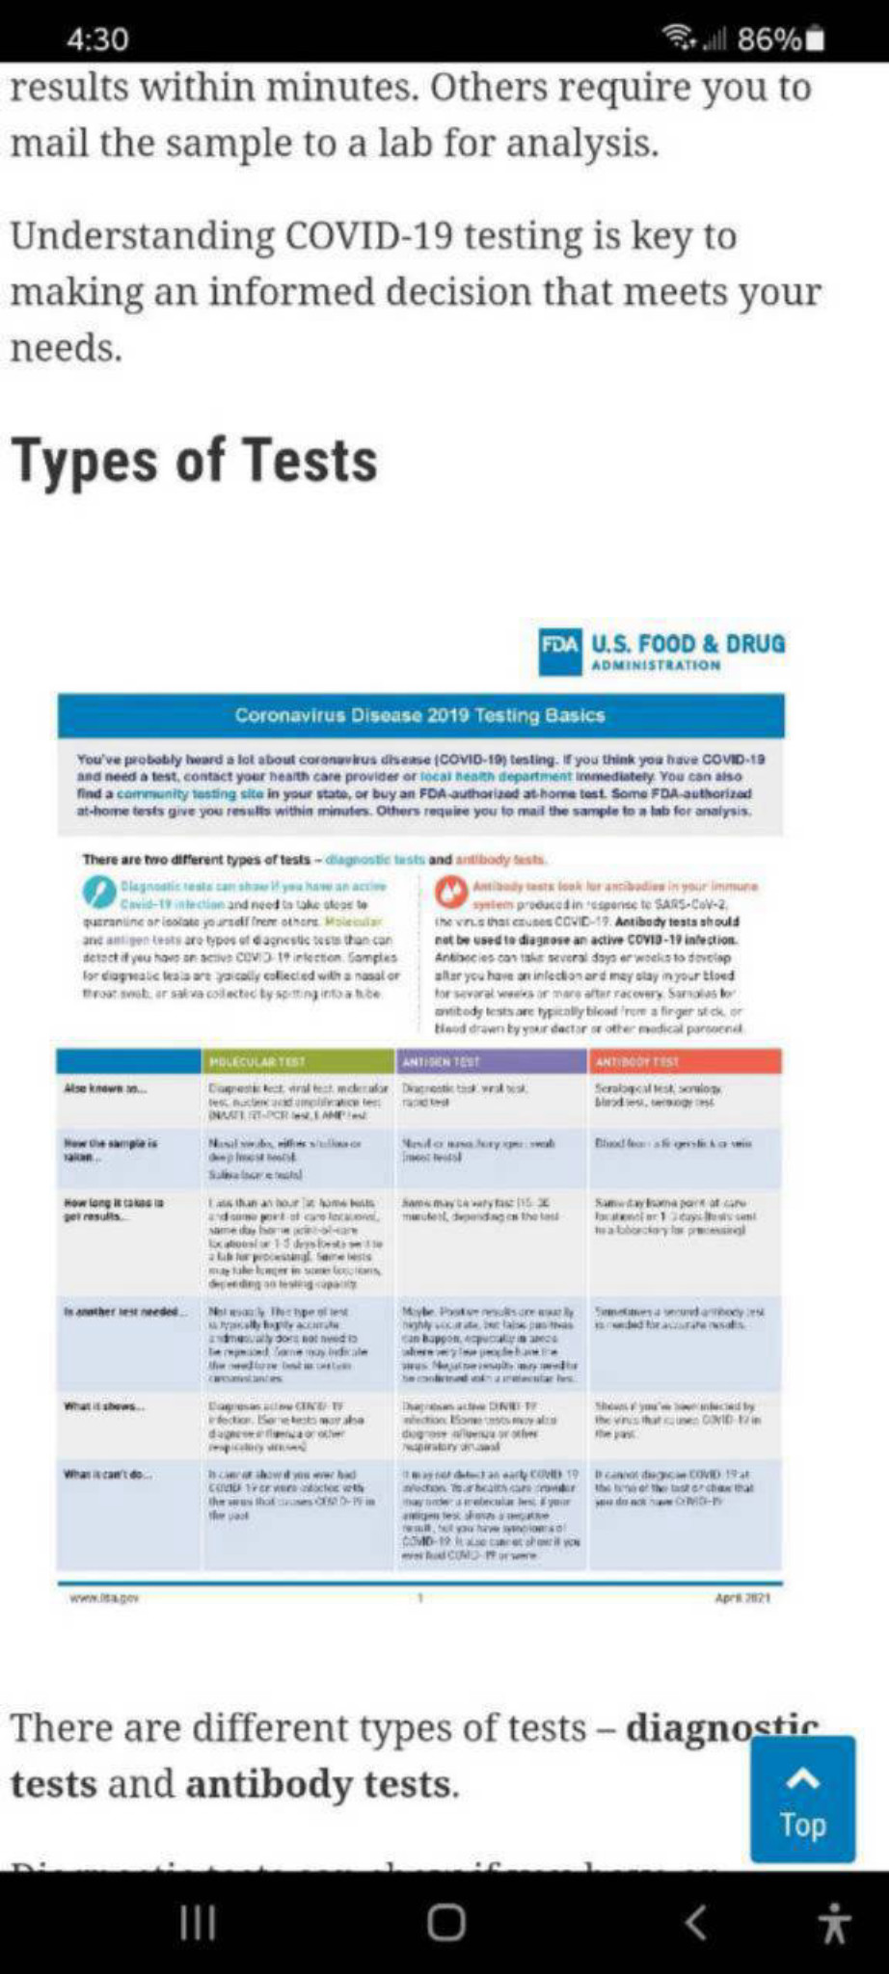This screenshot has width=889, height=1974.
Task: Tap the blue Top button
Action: point(802,1799)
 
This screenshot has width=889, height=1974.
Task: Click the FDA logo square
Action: point(560,652)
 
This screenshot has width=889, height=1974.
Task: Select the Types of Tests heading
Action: point(194,460)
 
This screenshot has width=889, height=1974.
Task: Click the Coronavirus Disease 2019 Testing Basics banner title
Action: point(420,715)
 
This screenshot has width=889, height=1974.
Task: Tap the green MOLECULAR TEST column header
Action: point(298,1061)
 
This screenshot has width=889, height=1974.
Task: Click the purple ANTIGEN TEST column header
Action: point(491,1061)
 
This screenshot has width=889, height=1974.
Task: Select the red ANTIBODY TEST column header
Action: point(684,1061)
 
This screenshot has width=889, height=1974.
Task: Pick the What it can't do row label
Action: point(108,1474)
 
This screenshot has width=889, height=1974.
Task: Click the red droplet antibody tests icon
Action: point(451,892)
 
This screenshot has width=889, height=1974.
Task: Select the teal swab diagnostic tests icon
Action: point(98,892)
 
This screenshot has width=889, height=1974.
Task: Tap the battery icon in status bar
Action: point(815,40)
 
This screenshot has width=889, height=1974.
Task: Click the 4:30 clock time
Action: point(97,40)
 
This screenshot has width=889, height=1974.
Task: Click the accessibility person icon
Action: point(834,1923)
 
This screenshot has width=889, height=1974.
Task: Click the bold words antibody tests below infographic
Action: point(320,1784)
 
